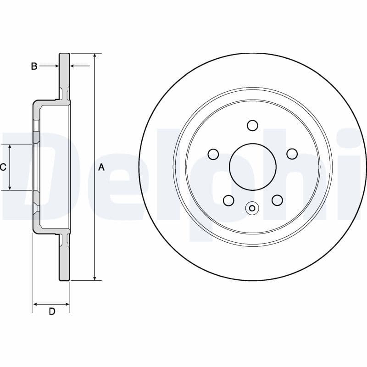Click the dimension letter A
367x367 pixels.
tap(101, 167)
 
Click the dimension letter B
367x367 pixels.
tap(34, 67)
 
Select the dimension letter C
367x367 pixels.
tap(3, 167)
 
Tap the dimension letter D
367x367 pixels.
tap(52, 311)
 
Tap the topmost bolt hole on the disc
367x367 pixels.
tap(252, 125)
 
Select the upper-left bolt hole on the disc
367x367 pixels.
tap(213, 154)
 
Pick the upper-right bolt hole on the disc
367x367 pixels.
tap(291, 154)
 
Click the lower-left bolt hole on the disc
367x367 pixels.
tap(228, 200)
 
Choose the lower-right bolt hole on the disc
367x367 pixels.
tap(277, 200)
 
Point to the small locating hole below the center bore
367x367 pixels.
tap(251, 208)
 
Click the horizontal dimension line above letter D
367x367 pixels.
tap(51, 304)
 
